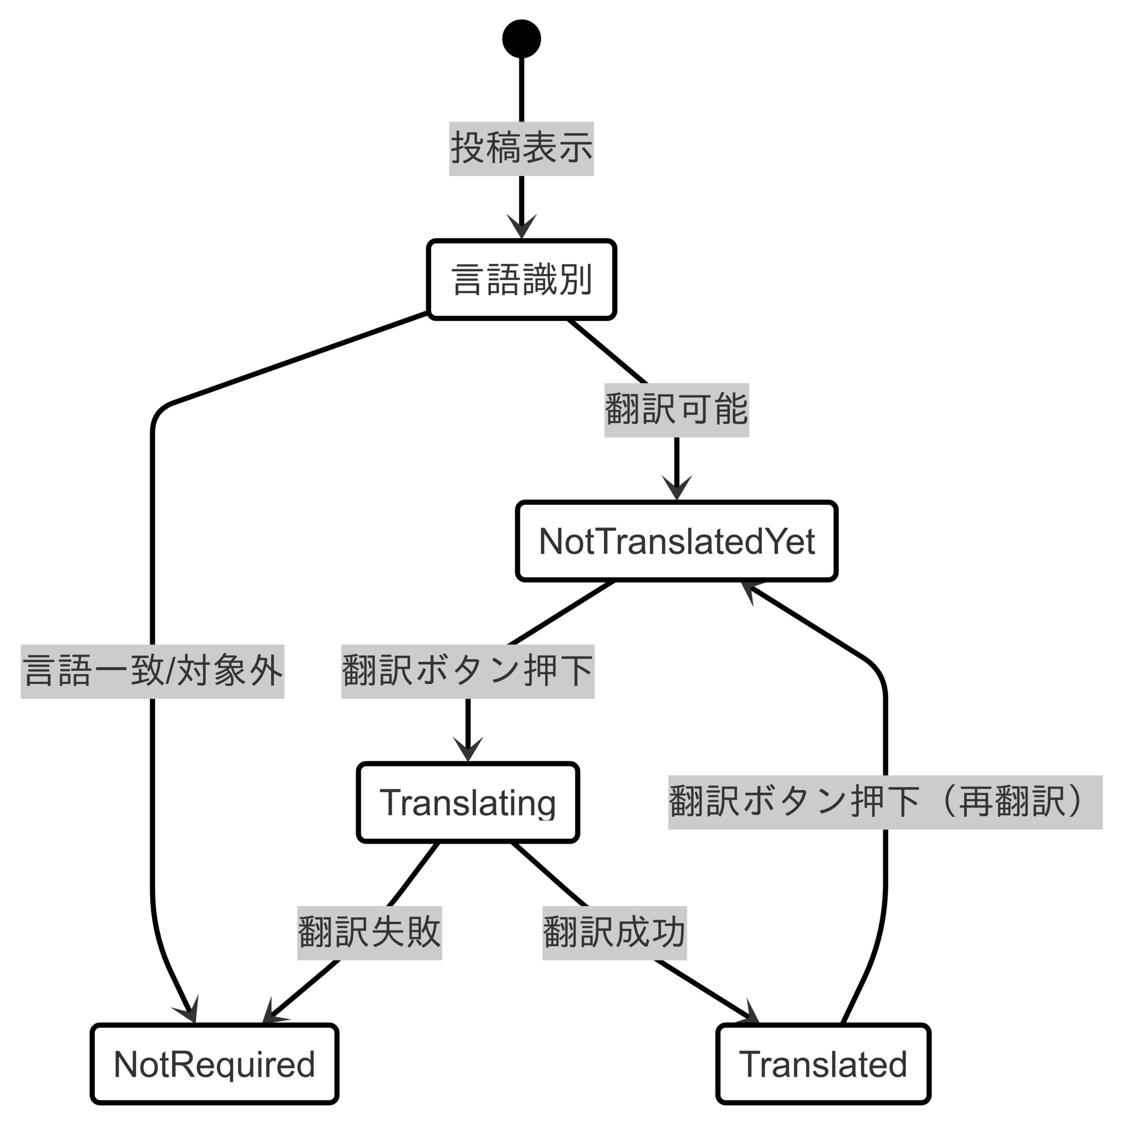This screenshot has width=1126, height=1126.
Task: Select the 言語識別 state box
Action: (x=522, y=280)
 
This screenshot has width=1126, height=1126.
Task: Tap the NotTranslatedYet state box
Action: (x=676, y=541)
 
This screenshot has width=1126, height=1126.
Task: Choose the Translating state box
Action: (x=468, y=803)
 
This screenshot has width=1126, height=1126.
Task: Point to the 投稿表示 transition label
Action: (x=522, y=149)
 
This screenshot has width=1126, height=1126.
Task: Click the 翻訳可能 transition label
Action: (x=676, y=410)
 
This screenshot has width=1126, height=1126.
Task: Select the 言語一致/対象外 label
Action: (x=153, y=671)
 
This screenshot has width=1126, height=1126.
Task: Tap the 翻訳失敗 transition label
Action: (x=369, y=933)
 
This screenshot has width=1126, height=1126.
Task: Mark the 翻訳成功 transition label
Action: (x=614, y=933)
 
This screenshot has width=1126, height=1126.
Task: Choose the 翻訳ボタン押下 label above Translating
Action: (x=468, y=671)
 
